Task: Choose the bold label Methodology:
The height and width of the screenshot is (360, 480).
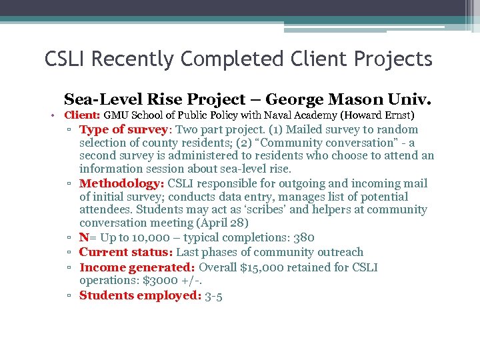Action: coord(122,183)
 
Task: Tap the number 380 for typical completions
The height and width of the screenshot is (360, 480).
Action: coord(303,237)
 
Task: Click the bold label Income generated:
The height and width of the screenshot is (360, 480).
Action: coord(137,267)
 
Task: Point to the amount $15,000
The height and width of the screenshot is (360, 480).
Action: coord(257,267)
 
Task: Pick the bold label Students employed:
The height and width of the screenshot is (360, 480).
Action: coord(140,295)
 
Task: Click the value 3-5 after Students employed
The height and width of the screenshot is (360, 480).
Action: coord(215,295)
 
